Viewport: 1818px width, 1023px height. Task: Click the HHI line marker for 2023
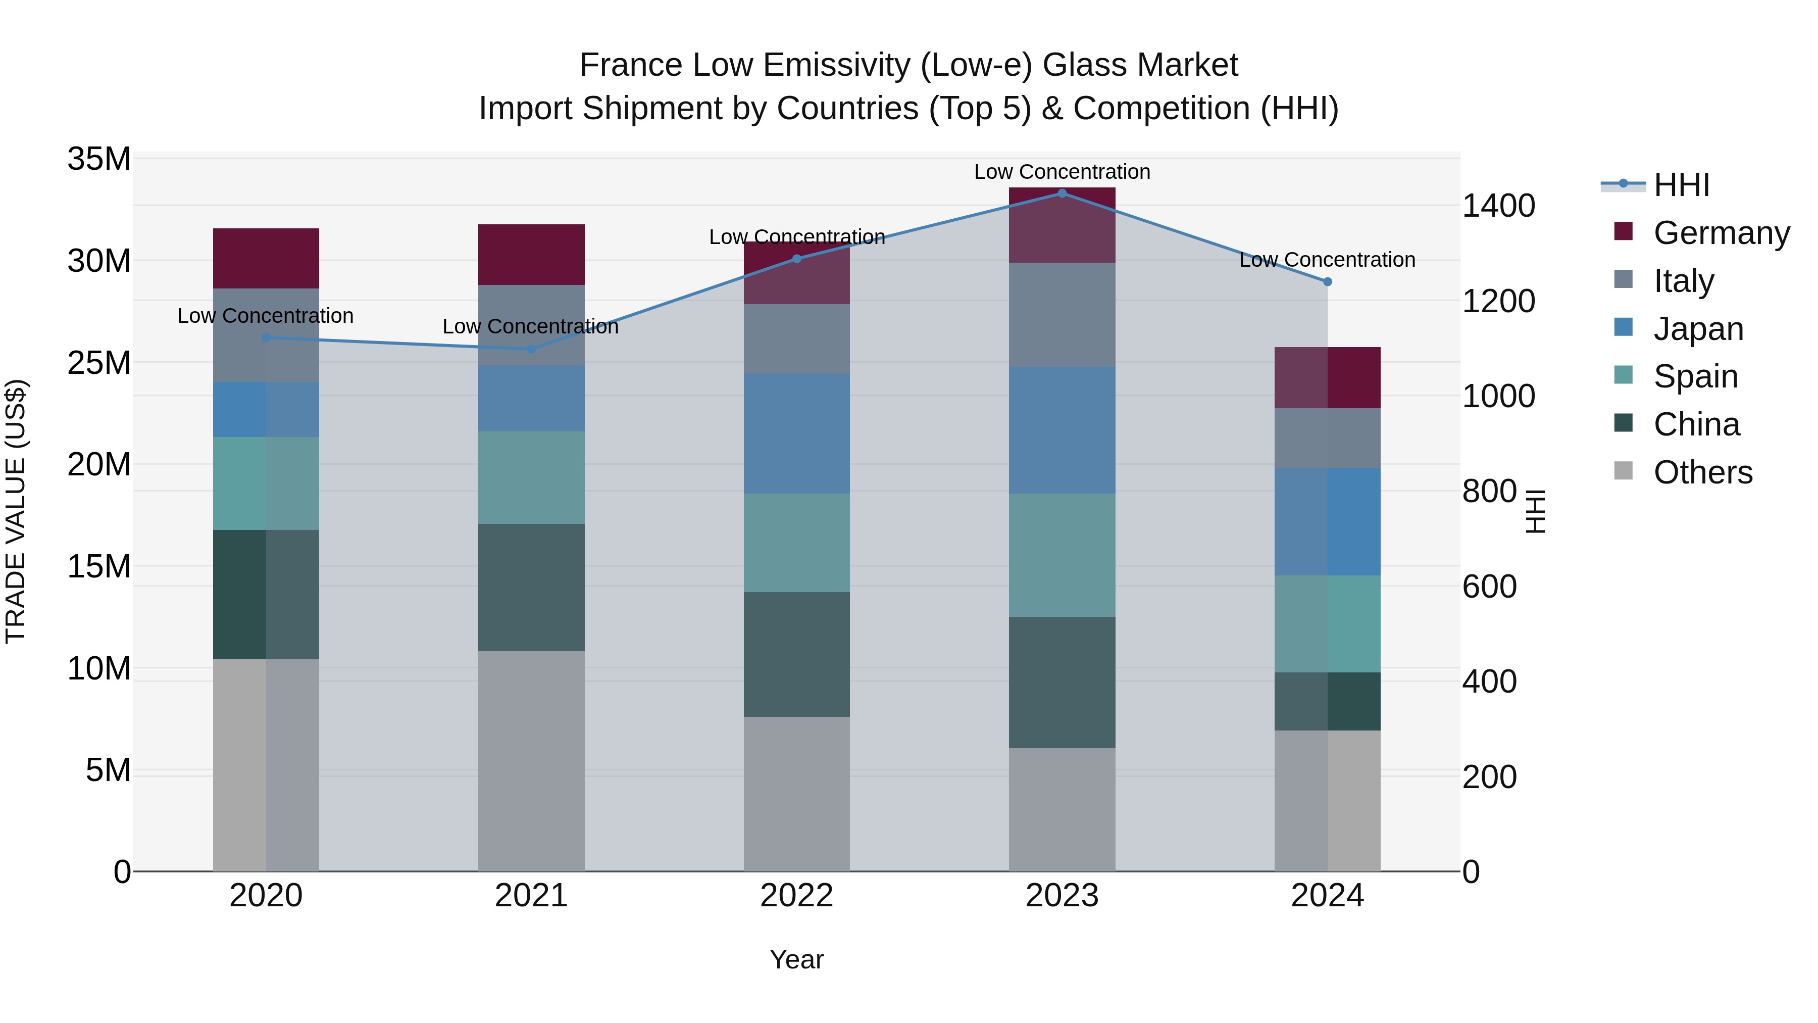1062,193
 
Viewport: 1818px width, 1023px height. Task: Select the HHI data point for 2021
531,349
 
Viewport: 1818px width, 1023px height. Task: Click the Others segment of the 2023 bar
1062,809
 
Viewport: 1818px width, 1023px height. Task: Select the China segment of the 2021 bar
531,588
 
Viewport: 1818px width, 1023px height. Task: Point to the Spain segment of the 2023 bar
1062,555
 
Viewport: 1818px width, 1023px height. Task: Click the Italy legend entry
1683,281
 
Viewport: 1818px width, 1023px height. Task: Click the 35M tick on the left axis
99,159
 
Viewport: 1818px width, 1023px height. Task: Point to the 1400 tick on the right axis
1498,206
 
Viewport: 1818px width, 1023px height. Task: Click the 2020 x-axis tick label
266,896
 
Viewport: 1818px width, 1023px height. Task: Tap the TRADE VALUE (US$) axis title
16,511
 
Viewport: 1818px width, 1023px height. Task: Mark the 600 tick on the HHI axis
1489,587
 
